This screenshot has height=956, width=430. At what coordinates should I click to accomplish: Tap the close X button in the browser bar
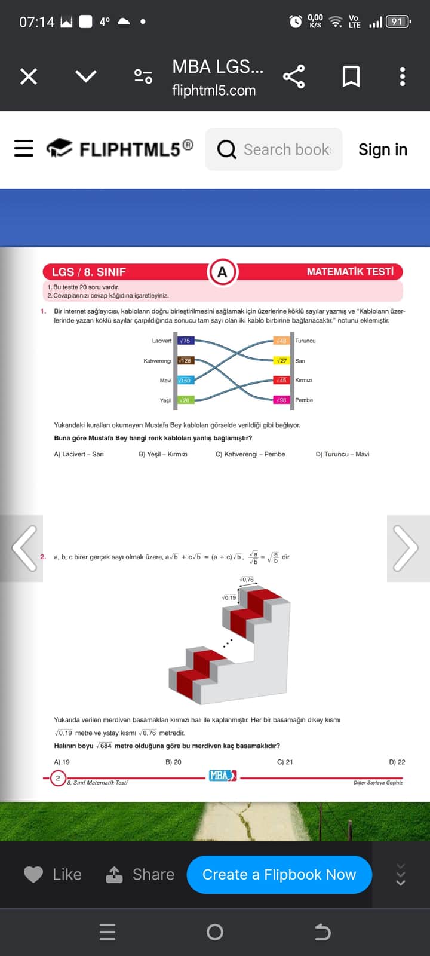[x=29, y=76]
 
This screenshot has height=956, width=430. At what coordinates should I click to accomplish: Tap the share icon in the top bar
[x=293, y=76]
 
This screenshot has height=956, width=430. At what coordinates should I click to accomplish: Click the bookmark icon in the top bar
[x=351, y=76]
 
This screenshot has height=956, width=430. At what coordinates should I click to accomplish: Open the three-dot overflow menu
[x=403, y=76]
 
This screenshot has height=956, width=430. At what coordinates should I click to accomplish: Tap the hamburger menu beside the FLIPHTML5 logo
[x=24, y=148]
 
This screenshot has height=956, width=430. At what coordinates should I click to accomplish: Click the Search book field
[x=275, y=149]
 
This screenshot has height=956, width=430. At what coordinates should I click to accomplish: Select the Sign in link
[x=382, y=149]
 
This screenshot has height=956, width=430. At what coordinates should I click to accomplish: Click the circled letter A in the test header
[x=222, y=272]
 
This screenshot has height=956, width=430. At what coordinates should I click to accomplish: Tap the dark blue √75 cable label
[x=185, y=341]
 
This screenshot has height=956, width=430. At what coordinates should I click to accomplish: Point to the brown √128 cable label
[x=186, y=361]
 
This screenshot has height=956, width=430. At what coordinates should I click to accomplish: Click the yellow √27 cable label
[x=281, y=361]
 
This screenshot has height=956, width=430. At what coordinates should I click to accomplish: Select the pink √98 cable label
[x=281, y=400]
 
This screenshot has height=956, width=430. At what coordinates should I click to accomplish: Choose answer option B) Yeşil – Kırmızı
[x=163, y=454]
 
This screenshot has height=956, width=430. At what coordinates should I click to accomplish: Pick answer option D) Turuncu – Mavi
[x=342, y=454]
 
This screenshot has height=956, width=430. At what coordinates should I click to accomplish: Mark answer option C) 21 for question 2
[x=285, y=762]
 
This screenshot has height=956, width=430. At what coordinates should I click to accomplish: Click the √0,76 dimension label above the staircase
[x=247, y=580]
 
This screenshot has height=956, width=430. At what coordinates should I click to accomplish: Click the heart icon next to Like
[x=33, y=875]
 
